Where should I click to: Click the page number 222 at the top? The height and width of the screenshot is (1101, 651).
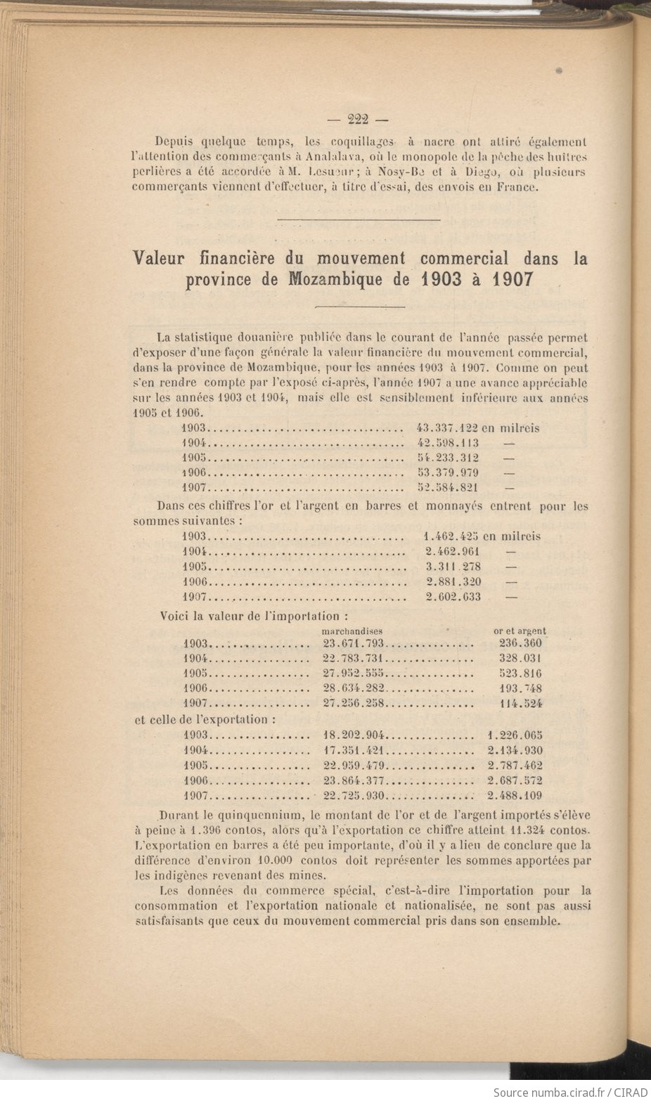click(x=359, y=118)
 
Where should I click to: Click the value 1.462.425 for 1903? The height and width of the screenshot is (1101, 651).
click(x=453, y=536)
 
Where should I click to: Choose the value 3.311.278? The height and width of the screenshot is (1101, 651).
click(x=453, y=566)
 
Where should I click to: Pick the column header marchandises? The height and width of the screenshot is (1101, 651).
click(x=352, y=631)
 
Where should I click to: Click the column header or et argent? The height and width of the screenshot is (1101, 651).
click(x=520, y=631)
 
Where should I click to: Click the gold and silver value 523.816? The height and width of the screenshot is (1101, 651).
click(x=520, y=674)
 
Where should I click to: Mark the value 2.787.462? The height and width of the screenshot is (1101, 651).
click(x=515, y=766)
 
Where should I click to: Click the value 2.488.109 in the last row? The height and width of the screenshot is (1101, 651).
click(x=515, y=796)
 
